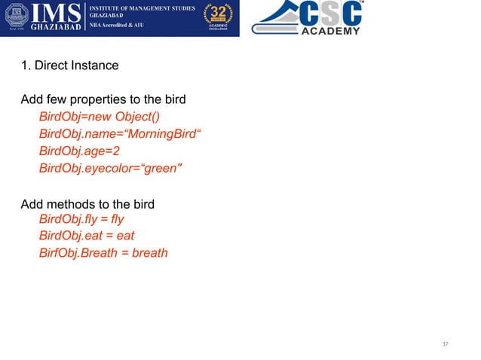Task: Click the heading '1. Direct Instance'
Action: pyautogui.click(x=69, y=66)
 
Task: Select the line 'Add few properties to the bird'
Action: pyautogui.click(x=103, y=100)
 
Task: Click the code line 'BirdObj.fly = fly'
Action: pyautogui.click(x=81, y=219)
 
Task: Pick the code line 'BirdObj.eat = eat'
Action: pyautogui.click(x=86, y=236)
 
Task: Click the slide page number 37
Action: pyautogui.click(x=445, y=344)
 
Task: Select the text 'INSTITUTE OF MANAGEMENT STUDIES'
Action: pyautogui.click(x=143, y=8)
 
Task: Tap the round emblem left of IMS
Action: pyautogui.click(x=17, y=17)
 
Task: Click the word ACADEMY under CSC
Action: pyautogui.click(x=331, y=32)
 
